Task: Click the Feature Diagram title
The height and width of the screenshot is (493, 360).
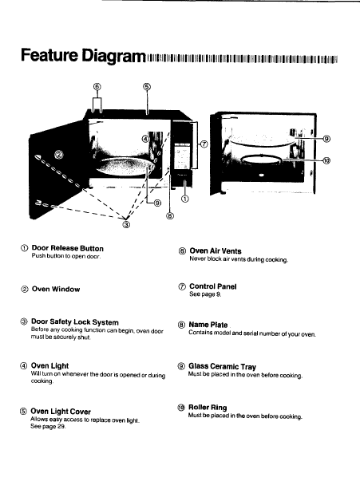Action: (83, 55)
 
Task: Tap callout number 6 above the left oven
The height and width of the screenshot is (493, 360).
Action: (97, 86)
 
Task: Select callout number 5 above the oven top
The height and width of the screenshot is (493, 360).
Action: (147, 86)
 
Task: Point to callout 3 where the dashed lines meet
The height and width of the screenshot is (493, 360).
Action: (126, 224)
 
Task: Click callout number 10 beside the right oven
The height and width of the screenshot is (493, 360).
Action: (326, 160)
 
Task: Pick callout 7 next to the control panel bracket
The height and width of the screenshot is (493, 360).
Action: (204, 144)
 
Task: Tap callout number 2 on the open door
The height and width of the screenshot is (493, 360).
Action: (59, 155)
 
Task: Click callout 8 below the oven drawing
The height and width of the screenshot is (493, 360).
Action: (169, 216)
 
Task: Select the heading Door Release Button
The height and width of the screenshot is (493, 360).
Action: (68, 248)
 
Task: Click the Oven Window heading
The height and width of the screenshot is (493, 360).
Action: (56, 289)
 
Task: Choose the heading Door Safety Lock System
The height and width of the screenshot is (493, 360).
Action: (75, 322)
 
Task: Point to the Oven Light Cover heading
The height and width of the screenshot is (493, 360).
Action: (61, 412)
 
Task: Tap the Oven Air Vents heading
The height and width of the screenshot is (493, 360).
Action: (216, 251)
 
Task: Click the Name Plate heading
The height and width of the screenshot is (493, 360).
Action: (208, 325)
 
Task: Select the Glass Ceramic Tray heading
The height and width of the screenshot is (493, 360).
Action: (222, 366)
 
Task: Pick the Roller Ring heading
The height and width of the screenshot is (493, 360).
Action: (208, 408)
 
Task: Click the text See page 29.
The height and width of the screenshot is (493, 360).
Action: (48, 427)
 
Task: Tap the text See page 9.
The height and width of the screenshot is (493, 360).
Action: (205, 294)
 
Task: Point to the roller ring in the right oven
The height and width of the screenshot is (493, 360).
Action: (261, 156)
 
